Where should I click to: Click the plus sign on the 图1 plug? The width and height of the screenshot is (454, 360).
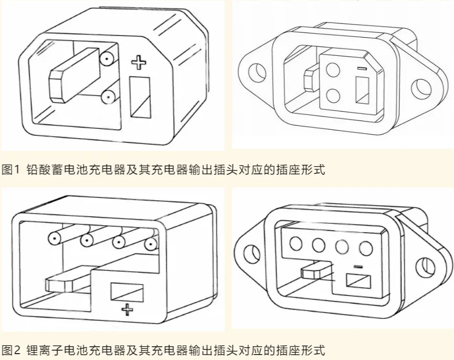pos(140,62)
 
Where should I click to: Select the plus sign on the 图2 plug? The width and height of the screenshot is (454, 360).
pos(127,309)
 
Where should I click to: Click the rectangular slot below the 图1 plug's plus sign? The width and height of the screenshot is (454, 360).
pos(140,97)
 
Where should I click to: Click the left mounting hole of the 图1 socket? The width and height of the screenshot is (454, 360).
pos(256,73)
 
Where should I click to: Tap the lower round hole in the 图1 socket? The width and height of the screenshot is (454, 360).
pos(334,94)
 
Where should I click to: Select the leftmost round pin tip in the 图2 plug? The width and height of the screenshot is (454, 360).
pos(54,239)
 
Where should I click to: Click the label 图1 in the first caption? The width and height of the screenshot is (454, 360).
pos(10,170)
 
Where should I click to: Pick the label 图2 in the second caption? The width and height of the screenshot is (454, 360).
pos(10,350)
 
